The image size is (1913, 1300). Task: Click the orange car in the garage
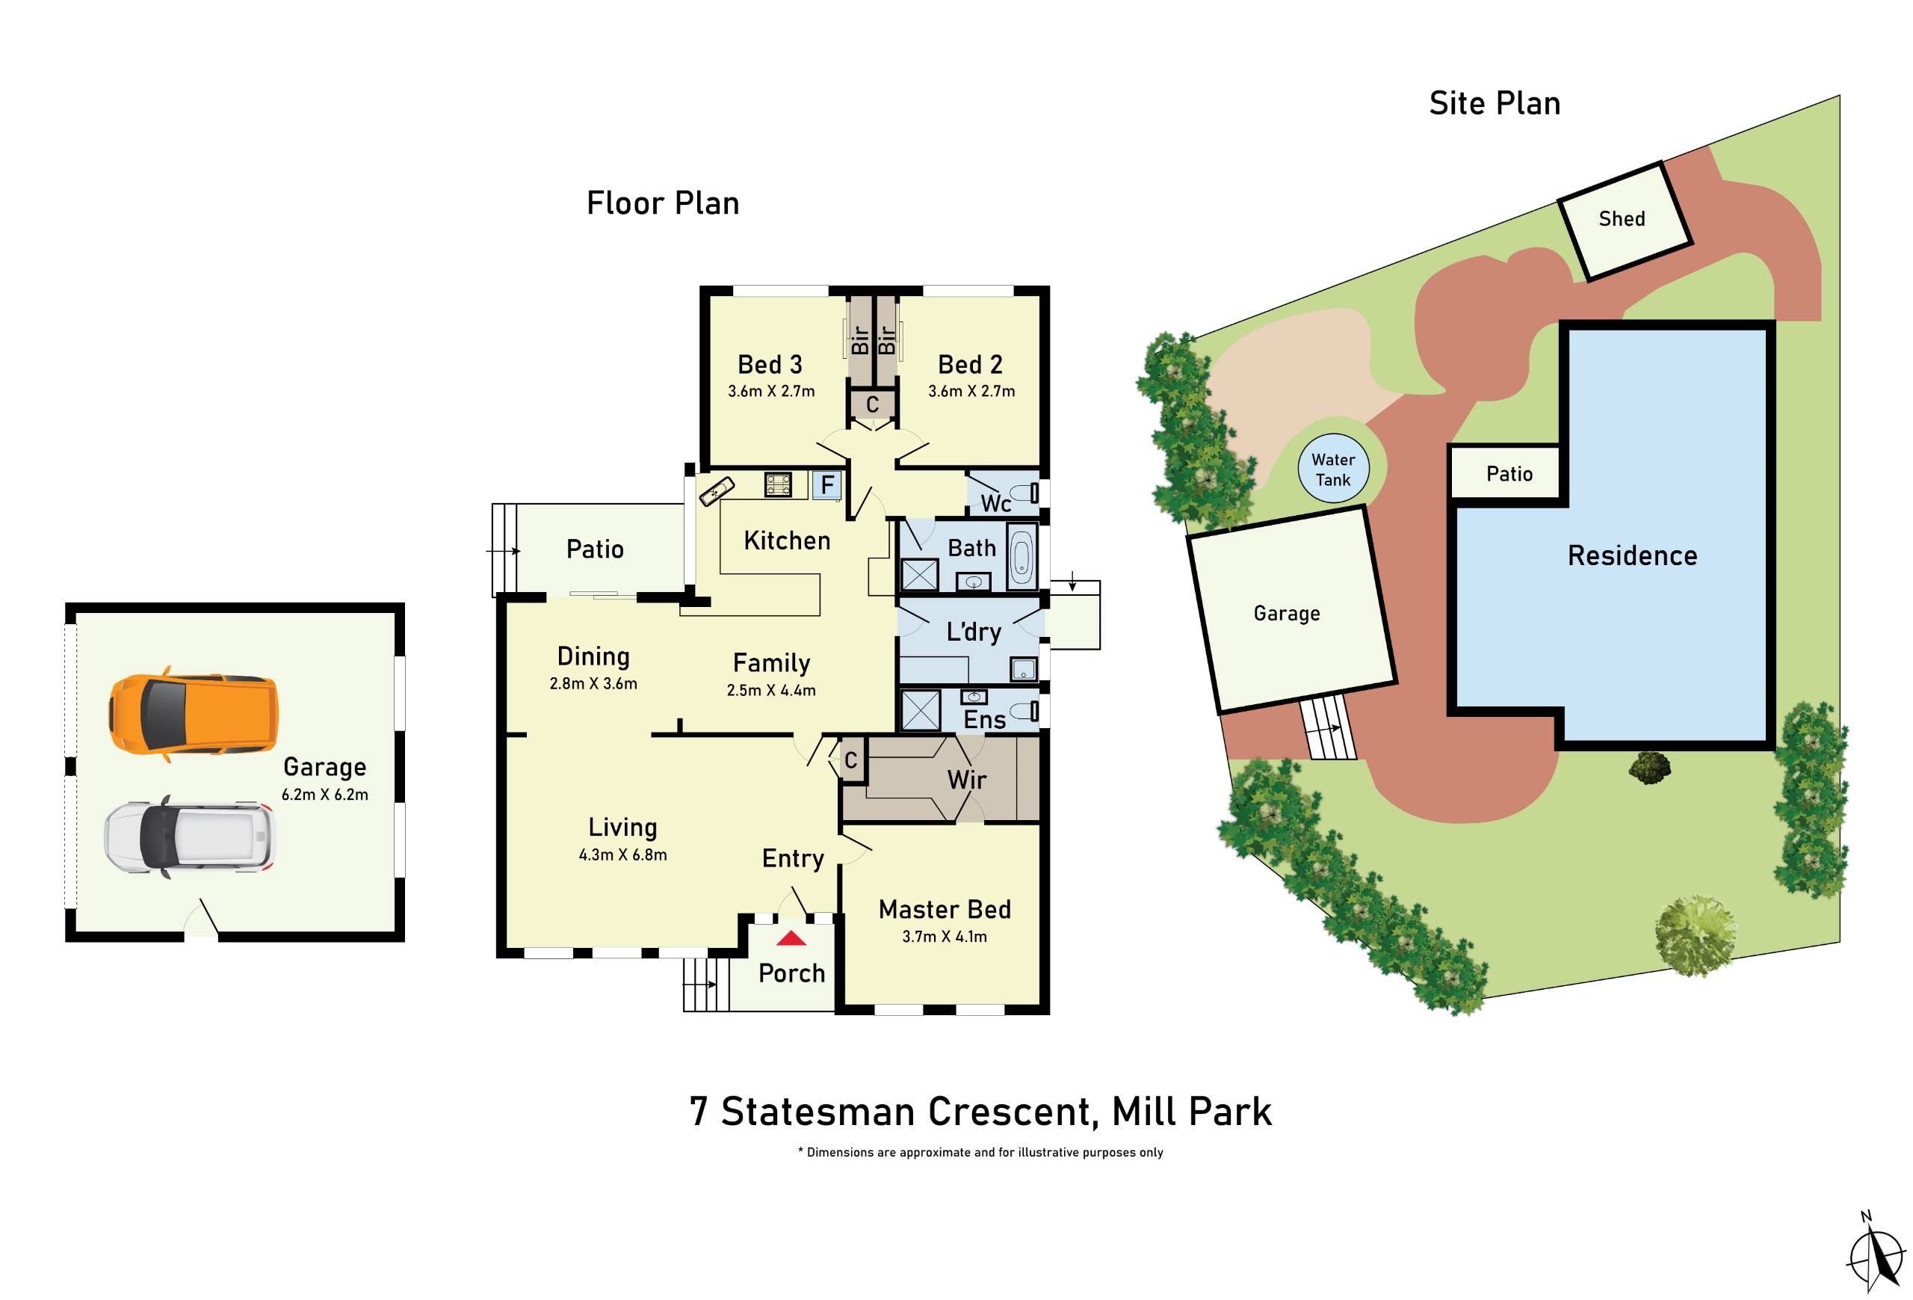(x=194, y=714)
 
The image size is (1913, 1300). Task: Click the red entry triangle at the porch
(x=791, y=937)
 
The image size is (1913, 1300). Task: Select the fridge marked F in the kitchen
(x=826, y=485)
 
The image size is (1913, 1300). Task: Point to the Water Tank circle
(x=1332, y=469)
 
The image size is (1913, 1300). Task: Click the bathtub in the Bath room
(x=1021, y=555)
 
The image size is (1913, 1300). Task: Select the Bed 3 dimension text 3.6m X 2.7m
(x=771, y=392)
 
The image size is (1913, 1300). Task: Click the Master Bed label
(x=944, y=910)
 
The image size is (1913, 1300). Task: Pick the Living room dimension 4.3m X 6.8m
(x=623, y=855)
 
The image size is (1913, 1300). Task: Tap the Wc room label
(x=995, y=503)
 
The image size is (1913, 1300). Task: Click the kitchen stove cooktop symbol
(x=778, y=484)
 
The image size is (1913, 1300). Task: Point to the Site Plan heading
(x=1494, y=104)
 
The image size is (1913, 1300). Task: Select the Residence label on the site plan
(x=1631, y=555)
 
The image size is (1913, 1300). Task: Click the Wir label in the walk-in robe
(x=965, y=780)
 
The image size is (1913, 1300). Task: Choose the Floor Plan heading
(x=663, y=203)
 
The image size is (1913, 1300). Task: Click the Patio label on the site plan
(x=1509, y=474)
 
